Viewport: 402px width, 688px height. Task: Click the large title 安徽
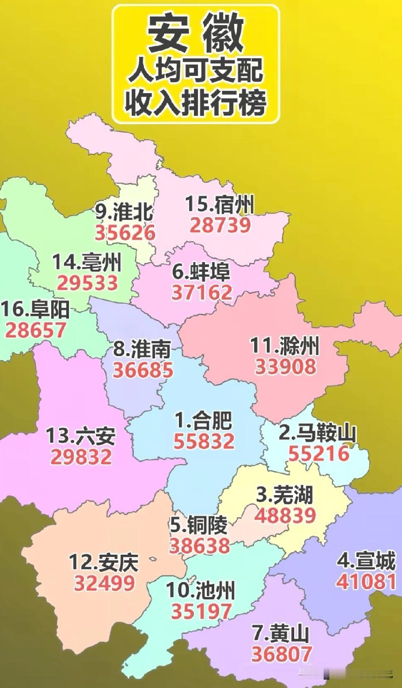[195, 34]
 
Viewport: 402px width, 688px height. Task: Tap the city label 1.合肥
[204, 421]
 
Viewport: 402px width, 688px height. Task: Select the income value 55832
[204, 441]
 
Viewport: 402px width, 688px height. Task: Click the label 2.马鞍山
[317, 433]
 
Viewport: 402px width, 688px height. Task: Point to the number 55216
[319, 454]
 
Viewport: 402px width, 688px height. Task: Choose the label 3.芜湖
[285, 495]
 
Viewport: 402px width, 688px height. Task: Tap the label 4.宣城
[366, 562]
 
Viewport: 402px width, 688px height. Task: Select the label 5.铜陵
[199, 525]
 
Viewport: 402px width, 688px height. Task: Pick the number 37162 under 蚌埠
[202, 292]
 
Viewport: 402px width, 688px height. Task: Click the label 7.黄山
[281, 634]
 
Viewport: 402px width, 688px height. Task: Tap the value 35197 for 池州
[201, 611]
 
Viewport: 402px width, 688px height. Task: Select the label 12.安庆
[104, 563]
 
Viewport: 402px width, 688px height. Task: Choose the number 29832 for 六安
[81, 457]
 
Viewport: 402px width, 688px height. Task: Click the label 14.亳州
[87, 263]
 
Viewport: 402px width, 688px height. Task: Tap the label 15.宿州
[220, 204]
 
